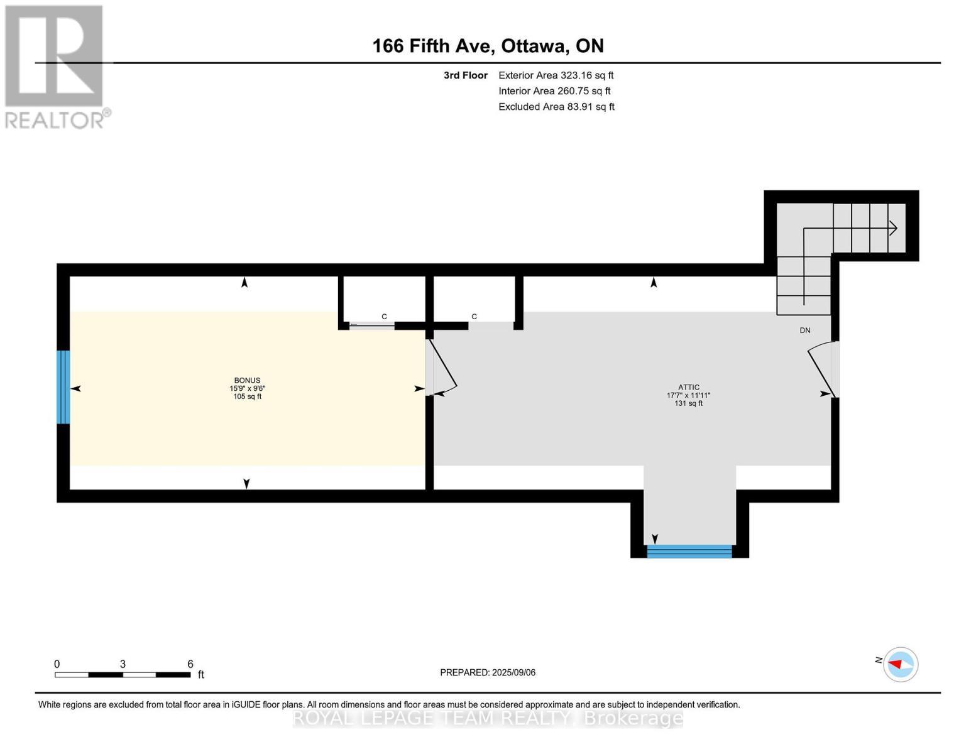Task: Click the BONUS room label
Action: [x=247, y=380]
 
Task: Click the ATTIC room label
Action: [x=689, y=387]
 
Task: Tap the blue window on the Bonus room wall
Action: [x=63, y=387]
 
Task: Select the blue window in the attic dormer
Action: [x=689, y=551]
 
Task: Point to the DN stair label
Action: [x=804, y=331]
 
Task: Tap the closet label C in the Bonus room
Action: [x=385, y=317]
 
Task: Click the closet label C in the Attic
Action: [x=474, y=317]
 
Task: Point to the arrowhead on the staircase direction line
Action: [x=892, y=229]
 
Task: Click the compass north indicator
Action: [x=901, y=664]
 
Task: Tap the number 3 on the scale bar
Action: [x=123, y=664]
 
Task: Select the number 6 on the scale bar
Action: [x=190, y=664]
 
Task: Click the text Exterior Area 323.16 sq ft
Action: [x=556, y=75]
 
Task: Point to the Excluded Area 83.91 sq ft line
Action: [x=556, y=107]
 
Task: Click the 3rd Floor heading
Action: [x=465, y=75]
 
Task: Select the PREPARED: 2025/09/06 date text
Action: [x=488, y=672]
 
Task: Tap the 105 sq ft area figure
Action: [x=247, y=396]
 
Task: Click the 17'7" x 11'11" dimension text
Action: [x=689, y=395]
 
